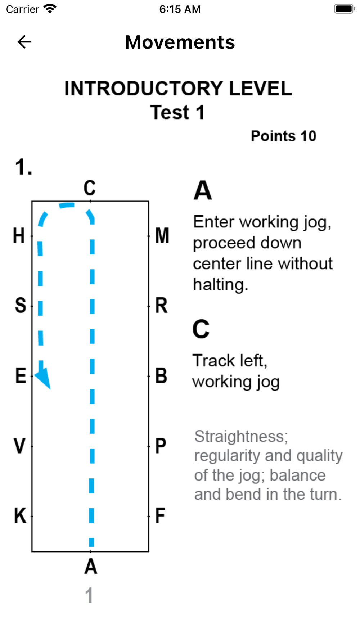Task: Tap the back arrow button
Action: [24, 42]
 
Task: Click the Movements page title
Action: [180, 42]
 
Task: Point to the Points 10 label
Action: [283, 136]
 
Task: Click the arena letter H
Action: [19, 236]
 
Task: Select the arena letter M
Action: [162, 236]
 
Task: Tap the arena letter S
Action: [21, 306]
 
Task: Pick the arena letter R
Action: [161, 306]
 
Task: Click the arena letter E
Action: [21, 376]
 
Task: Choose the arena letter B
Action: [161, 376]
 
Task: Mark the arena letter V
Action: [20, 446]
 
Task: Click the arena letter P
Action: [161, 446]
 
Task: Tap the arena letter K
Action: [20, 516]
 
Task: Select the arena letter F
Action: [160, 516]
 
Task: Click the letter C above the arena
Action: [90, 188]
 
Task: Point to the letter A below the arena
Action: [91, 567]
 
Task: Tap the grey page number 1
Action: [89, 595]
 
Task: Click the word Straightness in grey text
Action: [240, 437]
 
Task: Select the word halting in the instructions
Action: [220, 285]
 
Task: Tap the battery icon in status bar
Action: [344, 9]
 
